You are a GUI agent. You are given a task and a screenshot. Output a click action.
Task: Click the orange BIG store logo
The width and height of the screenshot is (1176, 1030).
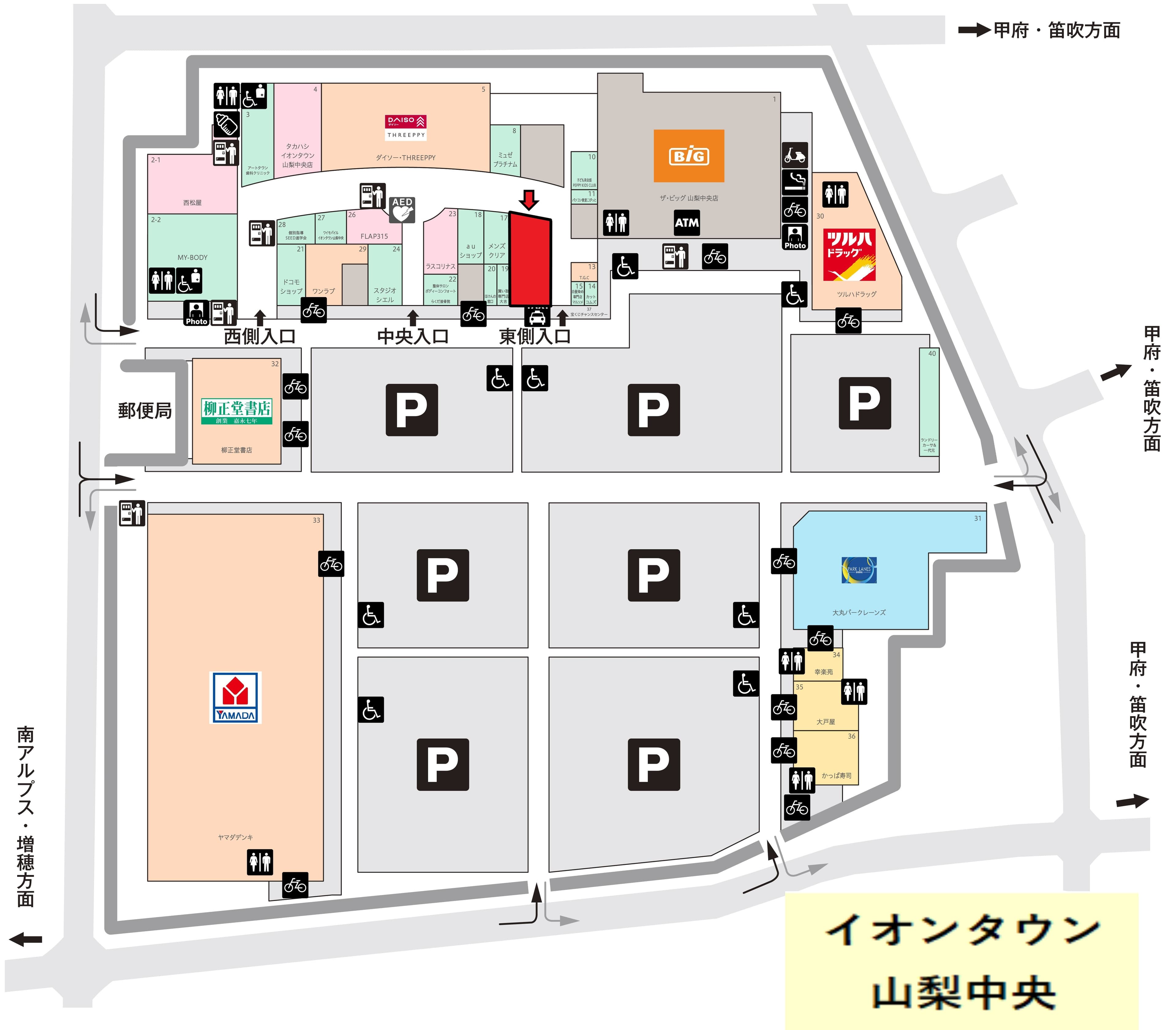pos(688,156)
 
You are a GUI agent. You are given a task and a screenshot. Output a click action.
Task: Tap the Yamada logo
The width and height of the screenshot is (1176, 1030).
pos(236,697)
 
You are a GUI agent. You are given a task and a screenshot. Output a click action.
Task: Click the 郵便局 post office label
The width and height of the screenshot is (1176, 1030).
pos(145,410)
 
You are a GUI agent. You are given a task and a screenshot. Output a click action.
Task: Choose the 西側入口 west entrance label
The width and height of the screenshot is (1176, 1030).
pos(260,336)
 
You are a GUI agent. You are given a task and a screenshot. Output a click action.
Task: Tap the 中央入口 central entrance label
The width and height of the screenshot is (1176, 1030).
pos(413,336)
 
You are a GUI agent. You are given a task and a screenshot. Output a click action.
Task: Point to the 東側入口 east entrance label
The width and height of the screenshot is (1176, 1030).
pos(534,336)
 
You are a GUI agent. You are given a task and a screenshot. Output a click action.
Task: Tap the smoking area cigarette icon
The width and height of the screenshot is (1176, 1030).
pos(795,182)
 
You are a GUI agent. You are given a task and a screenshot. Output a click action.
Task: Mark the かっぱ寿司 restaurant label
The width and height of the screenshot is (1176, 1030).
pos(836,775)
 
